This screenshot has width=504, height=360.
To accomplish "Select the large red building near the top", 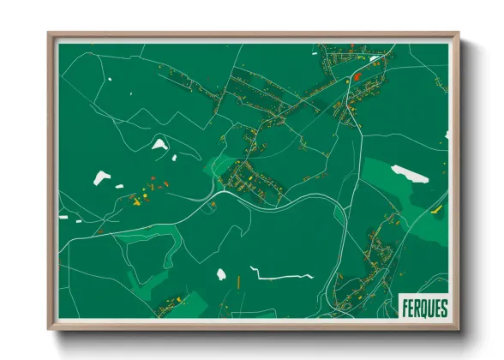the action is [357, 77].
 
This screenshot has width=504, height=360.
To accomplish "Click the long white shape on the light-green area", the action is [410, 174].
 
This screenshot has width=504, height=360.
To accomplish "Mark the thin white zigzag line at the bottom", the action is [281, 277].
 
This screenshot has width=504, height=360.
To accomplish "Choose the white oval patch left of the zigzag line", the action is [221, 274].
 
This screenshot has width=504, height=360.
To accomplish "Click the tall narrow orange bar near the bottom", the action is [238, 280].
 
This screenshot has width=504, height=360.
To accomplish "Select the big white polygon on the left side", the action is [102, 178].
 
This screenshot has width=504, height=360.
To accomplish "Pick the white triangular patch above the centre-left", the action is [159, 144].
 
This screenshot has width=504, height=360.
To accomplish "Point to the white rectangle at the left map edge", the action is [63, 217].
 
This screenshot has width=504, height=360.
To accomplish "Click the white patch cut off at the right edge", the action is [446, 135].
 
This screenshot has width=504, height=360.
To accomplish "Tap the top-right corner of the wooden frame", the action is [459, 34].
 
